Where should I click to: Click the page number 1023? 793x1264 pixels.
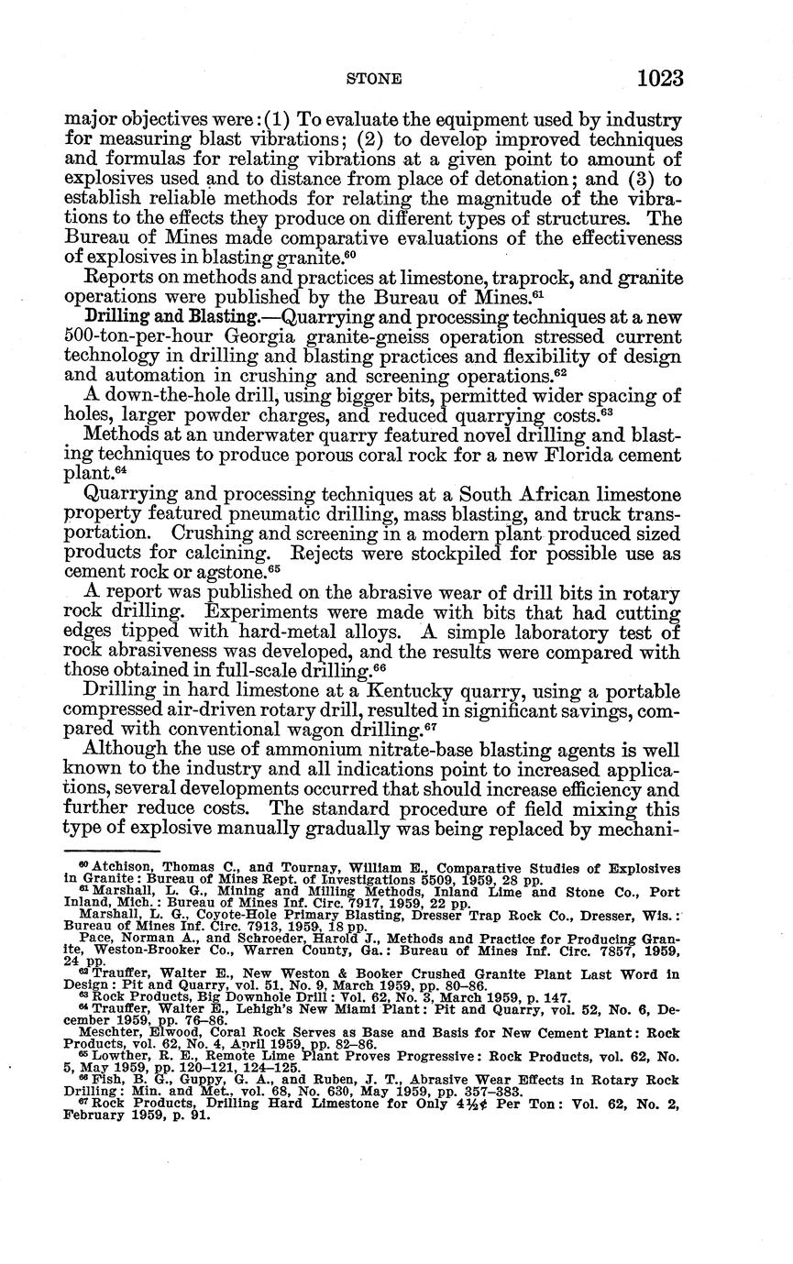[660, 78]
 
